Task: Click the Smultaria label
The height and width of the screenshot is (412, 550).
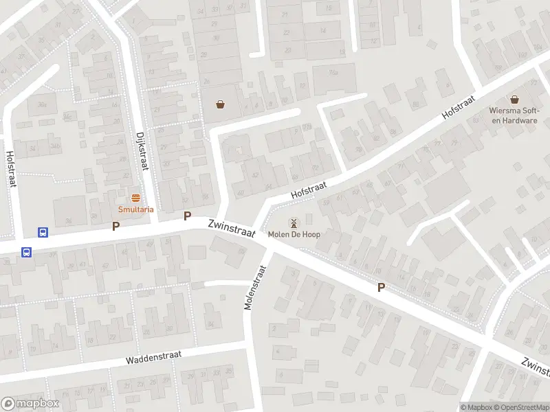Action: click(x=135, y=209)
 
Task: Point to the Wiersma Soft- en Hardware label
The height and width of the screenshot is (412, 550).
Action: click(x=514, y=115)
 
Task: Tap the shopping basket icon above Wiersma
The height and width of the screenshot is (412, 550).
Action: click(x=514, y=100)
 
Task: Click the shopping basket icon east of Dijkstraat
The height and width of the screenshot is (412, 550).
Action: click(x=220, y=104)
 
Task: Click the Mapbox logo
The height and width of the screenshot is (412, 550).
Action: click(x=30, y=403)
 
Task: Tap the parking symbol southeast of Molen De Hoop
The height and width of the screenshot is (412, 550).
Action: click(x=381, y=288)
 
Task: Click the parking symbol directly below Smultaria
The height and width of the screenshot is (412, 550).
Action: click(x=115, y=225)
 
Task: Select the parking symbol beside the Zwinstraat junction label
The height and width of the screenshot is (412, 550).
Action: click(x=187, y=216)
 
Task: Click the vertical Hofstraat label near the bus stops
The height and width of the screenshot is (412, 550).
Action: click(x=11, y=169)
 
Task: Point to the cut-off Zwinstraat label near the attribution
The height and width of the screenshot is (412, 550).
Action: click(x=535, y=367)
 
